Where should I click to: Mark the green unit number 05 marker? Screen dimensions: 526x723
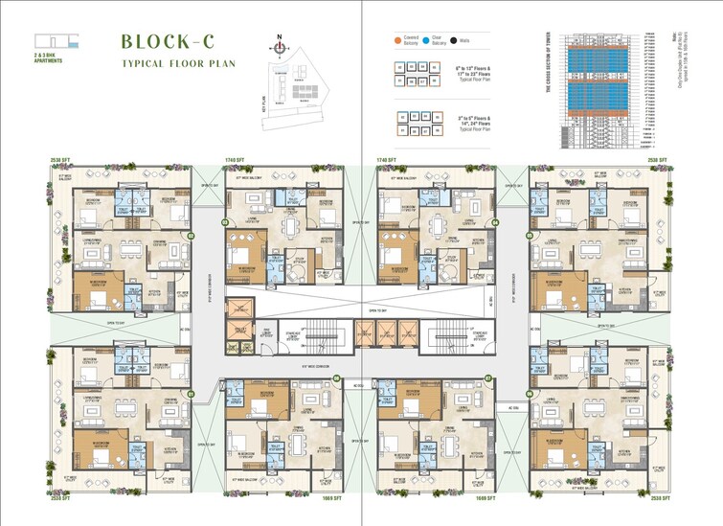(x=526, y=235)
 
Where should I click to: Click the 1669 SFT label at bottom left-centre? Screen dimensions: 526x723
(x=331, y=498)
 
